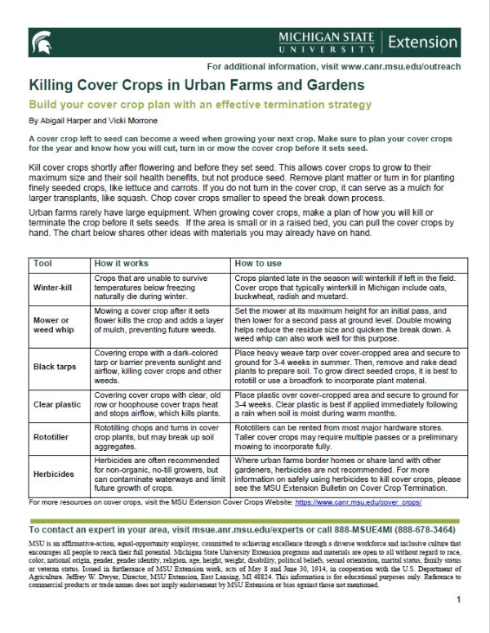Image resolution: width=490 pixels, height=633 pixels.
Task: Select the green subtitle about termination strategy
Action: pyautogui.click(x=199, y=105)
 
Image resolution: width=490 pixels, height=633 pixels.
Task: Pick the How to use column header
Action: pyautogui.click(x=258, y=264)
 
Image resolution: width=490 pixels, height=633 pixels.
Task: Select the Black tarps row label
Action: pyautogui.click(x=55, y=367)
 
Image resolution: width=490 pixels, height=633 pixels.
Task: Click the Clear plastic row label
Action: pyautogui.click(x=56, y=404)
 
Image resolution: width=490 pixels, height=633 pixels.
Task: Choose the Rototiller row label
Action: pyautogui.click(x=53, y=437)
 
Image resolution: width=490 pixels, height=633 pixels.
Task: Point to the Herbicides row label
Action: pyautogui.click(x=54, y=473)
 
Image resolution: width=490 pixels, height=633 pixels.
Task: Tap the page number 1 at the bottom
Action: pyautogui.click(x=459, y=622)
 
